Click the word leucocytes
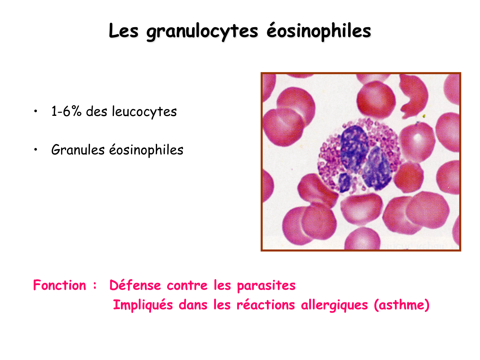[x=144, y=111]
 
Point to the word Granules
[x=78, y=150]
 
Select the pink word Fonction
[x=60, y=285]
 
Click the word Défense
[x=135, y=285]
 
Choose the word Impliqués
[x=143, y=305]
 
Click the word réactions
[x=266, y=305]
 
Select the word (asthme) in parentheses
[x=402, y=305]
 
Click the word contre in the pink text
[x=187, y=285]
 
